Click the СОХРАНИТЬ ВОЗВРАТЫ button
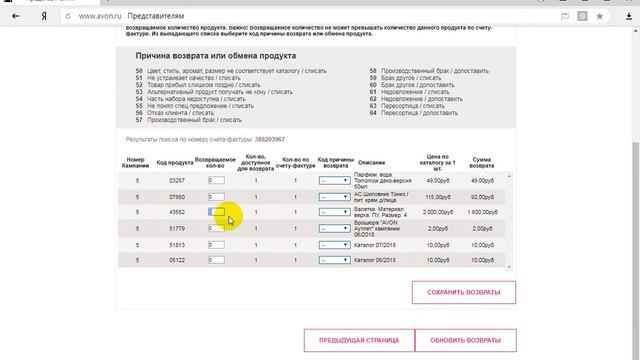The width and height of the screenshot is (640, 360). (x=463, y=292)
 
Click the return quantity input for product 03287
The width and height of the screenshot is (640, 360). (x=216, y=181)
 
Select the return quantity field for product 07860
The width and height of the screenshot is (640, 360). (x=216, y=197)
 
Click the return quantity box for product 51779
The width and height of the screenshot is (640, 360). (x=216, y=229)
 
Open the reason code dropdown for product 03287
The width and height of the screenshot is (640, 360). (x=334, y=181)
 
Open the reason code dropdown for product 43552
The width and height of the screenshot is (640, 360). (x=334, y=213)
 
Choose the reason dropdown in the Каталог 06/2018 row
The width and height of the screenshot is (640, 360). (x=334, y=261)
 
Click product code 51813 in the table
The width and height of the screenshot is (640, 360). (x=177, y=245)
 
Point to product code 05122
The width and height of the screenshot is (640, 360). (x=177, y=261)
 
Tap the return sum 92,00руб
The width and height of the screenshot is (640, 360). (x=483, y=197)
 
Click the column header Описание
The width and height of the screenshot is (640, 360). (x=371, y=162)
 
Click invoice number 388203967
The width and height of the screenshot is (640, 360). (x=270, y=140)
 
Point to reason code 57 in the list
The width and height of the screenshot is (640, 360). (x=140, y=120)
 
